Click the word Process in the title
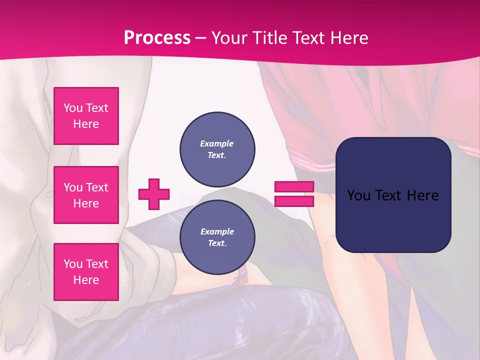pyautogui.click(x=157, y=37)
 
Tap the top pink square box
pyautogui.click(x=86, y=116)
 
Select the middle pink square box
pyautogui.click(x=86, y=195)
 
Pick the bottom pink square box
pyautogui.click(x=86, y=272)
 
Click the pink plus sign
pyautogui.click(x=154, y=194)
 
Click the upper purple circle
pyautogui.click(x=217, y=149)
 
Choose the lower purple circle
pyautogui.click(x=217, y=237)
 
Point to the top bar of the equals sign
pyautogui.click(x=294, y=187)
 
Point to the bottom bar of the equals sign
pyautogui.click(x=294, y=201)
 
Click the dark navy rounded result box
pyautogui.click(x=393, y=194)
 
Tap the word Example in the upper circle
pyautogui.click(x=217, y=143)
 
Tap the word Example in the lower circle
pyautogui.click(x=217, y=231)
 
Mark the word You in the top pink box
pyautogui.click(x=73, y=108)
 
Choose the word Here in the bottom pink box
pyautogui.click(x=86, y=280)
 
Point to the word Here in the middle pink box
pyautogui.click(x=86, y=203)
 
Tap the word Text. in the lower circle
pyautogui.click(x=217, y=243)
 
